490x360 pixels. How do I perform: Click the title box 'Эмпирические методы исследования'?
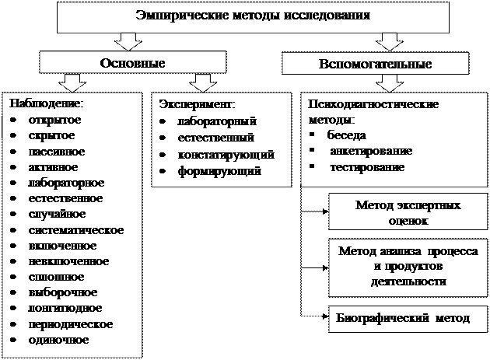tap(253, 16)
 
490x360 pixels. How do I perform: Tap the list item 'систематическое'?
tap(75, 230)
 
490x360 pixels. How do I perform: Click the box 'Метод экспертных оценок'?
tap(408, 212)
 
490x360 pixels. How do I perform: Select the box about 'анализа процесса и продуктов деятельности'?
tap(408, 266)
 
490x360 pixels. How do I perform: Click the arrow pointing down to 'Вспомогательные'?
tap(385, 40)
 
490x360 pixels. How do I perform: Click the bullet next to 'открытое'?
tap(16, 121)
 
